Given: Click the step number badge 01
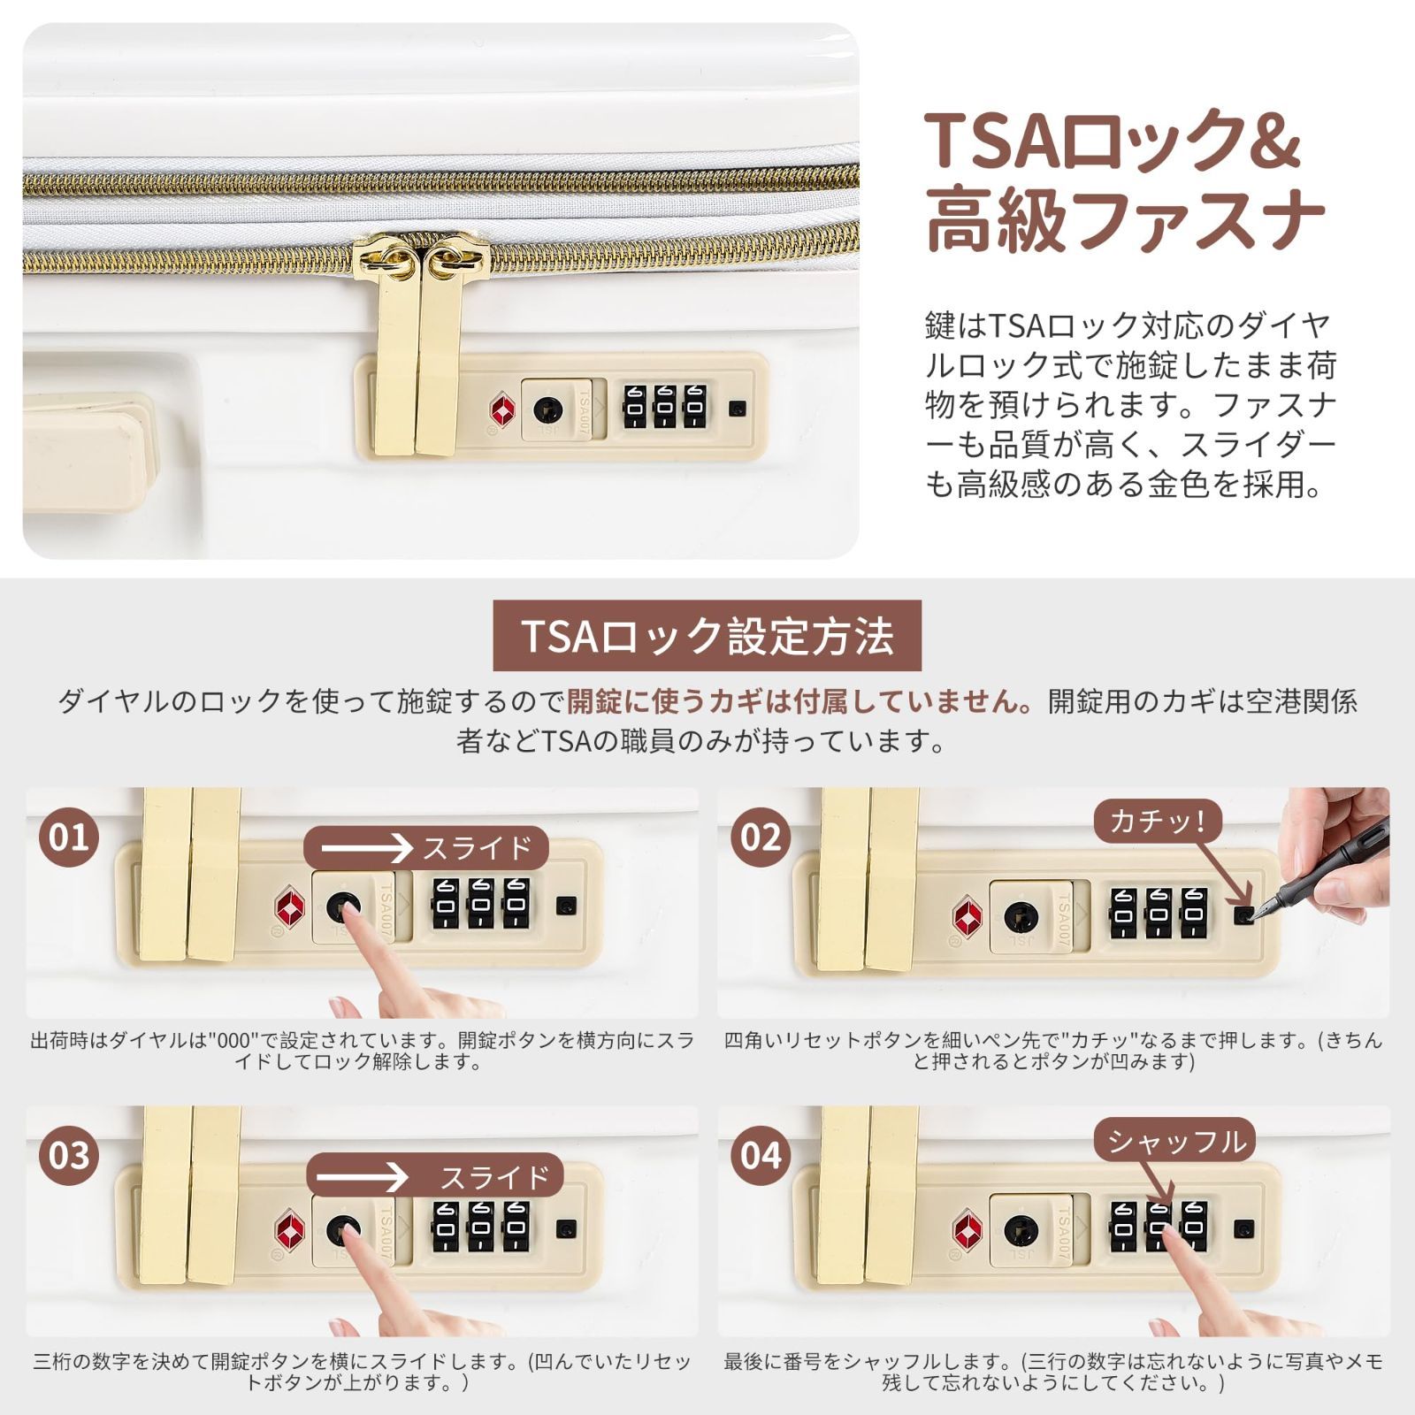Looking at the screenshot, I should click(69, 837).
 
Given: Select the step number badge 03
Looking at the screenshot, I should click(69, 1155).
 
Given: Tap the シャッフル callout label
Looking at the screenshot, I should click(1176, 1142).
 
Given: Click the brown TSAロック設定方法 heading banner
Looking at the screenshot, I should click(707, 636).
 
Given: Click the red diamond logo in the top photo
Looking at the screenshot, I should click(503, 409).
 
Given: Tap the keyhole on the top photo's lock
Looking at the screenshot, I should click(548, 409).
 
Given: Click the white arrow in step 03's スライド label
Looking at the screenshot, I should click(363, 1178).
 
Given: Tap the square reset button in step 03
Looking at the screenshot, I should click(567, 1229).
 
